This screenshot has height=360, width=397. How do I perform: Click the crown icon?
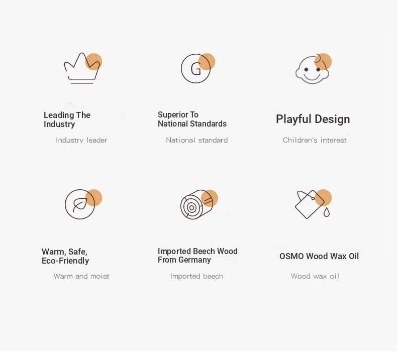[81, 68]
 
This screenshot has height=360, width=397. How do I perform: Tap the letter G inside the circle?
[195, 69]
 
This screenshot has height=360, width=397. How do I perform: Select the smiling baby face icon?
[313, 69]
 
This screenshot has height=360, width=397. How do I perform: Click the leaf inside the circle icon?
[80, 205]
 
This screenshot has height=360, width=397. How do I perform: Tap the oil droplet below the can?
[327, 212]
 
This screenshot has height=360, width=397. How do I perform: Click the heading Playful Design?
[313, 119]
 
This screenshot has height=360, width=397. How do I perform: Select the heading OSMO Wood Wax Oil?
[319, 256]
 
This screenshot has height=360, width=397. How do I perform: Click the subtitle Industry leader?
[81, 140]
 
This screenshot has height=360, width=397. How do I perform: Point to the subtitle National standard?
[197, 140]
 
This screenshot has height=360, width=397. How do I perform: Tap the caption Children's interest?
[315, 140]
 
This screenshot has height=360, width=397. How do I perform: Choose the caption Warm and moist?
[81, 276]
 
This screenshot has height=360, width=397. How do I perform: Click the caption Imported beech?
[196, 276]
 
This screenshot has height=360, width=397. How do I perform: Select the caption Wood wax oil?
[315, 276]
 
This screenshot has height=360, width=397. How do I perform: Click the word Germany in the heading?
[194, 260]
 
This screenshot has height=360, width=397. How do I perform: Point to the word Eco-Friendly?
[65, 261]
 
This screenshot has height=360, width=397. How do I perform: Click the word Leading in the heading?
[59, 115]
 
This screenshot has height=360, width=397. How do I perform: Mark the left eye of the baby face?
[307, 69]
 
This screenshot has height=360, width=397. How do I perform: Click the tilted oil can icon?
[310, 204]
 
